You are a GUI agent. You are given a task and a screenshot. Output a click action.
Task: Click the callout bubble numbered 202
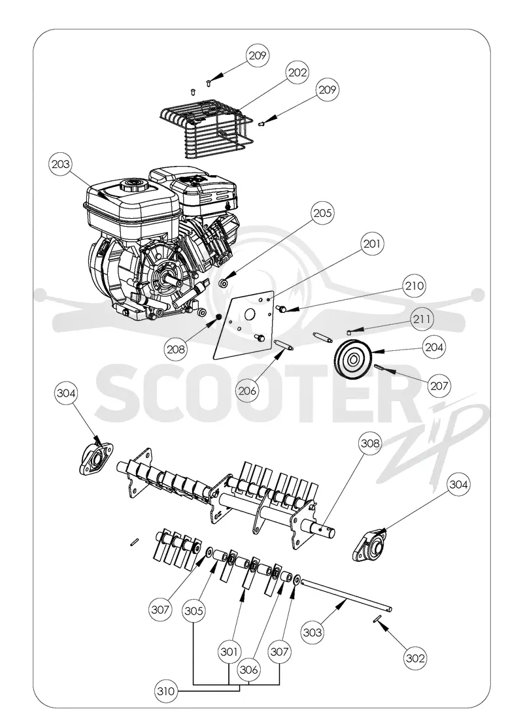coord(297,72)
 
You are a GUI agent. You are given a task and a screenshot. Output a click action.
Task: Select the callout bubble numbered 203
coord(61,165)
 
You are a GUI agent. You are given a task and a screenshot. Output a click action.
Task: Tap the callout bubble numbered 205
coord(322,213)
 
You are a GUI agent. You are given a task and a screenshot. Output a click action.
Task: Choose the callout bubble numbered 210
coord(414,286)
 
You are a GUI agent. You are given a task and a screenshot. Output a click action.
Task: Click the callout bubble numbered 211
coord(422,318)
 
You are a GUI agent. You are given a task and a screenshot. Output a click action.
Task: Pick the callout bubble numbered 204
coord(434,347)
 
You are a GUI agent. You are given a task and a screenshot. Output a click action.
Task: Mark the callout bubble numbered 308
coord(370,444)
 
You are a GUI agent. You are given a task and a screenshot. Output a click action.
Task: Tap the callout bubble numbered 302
coord(414,658)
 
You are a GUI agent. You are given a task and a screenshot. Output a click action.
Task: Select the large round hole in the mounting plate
coord(250,314)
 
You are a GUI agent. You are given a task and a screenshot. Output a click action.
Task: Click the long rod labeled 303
coord(346,595)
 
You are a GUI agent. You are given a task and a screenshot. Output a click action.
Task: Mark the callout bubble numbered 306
coord(248,670)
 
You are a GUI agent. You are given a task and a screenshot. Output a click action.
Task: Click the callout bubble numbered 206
coord(247,391)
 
